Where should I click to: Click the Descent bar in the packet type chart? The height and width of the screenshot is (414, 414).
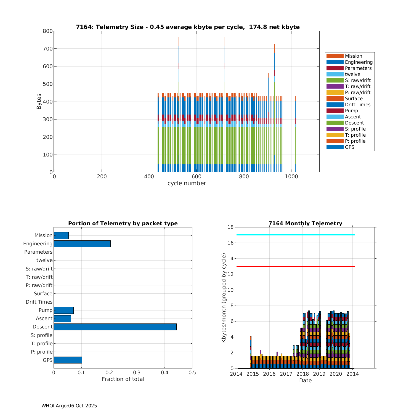[115, 327]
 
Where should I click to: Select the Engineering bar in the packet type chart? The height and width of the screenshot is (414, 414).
[82, 244]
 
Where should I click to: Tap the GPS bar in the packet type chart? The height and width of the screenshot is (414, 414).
[68, 360]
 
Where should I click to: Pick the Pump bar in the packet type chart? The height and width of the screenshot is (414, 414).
[63, 310]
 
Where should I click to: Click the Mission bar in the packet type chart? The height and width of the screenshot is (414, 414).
[61, 235]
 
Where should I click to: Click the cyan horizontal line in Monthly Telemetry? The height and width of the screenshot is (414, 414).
[295, 235]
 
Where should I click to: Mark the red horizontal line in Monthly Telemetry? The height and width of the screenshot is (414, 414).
[295, 266]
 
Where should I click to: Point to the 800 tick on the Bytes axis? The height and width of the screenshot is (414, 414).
[48, 31]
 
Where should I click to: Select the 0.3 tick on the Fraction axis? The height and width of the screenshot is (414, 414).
[137, 373]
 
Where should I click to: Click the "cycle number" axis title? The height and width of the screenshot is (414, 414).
[187, 183]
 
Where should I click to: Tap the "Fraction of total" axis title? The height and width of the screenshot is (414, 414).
[123, 379]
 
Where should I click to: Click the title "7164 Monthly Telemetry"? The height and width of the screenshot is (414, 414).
[305, 224]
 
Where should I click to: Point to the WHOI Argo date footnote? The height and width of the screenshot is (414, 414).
[69, 406]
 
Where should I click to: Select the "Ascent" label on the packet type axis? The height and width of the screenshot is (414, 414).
[44, 319]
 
